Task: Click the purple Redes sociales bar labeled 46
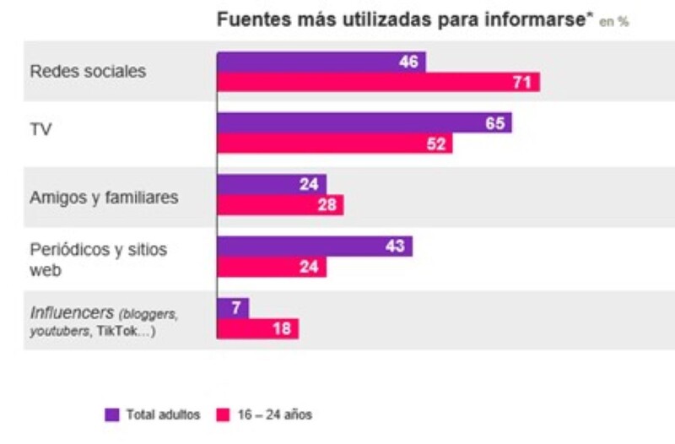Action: pos(321,62)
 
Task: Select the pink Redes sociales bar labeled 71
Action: pos(378,82)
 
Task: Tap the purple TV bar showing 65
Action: pos(364,123)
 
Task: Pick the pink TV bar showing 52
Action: pos(334,143)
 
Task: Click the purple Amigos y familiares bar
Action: pos(271,184)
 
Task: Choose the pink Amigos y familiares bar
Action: pos(280,205)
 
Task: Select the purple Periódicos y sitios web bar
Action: pos(314,246)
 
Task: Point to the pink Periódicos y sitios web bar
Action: pos(271,267)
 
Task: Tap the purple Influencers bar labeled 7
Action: pos(232,308)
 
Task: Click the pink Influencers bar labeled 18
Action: pos(257,328)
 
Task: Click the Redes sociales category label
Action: pos(88,72)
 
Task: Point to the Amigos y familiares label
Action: pos(104,198)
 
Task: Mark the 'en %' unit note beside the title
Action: pos(613,23)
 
